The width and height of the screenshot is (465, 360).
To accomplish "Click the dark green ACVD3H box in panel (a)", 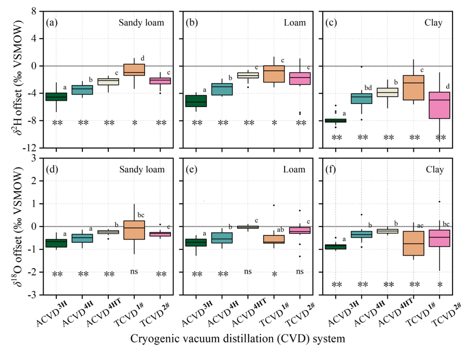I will pos(56,97).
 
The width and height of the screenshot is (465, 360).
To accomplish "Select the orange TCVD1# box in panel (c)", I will pos(413,87).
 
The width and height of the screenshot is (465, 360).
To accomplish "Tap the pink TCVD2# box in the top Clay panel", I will pos(439,105).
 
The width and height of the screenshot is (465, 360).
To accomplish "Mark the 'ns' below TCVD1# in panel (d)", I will pos(134,269).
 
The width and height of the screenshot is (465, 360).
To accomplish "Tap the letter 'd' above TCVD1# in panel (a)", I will pos(143,58).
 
